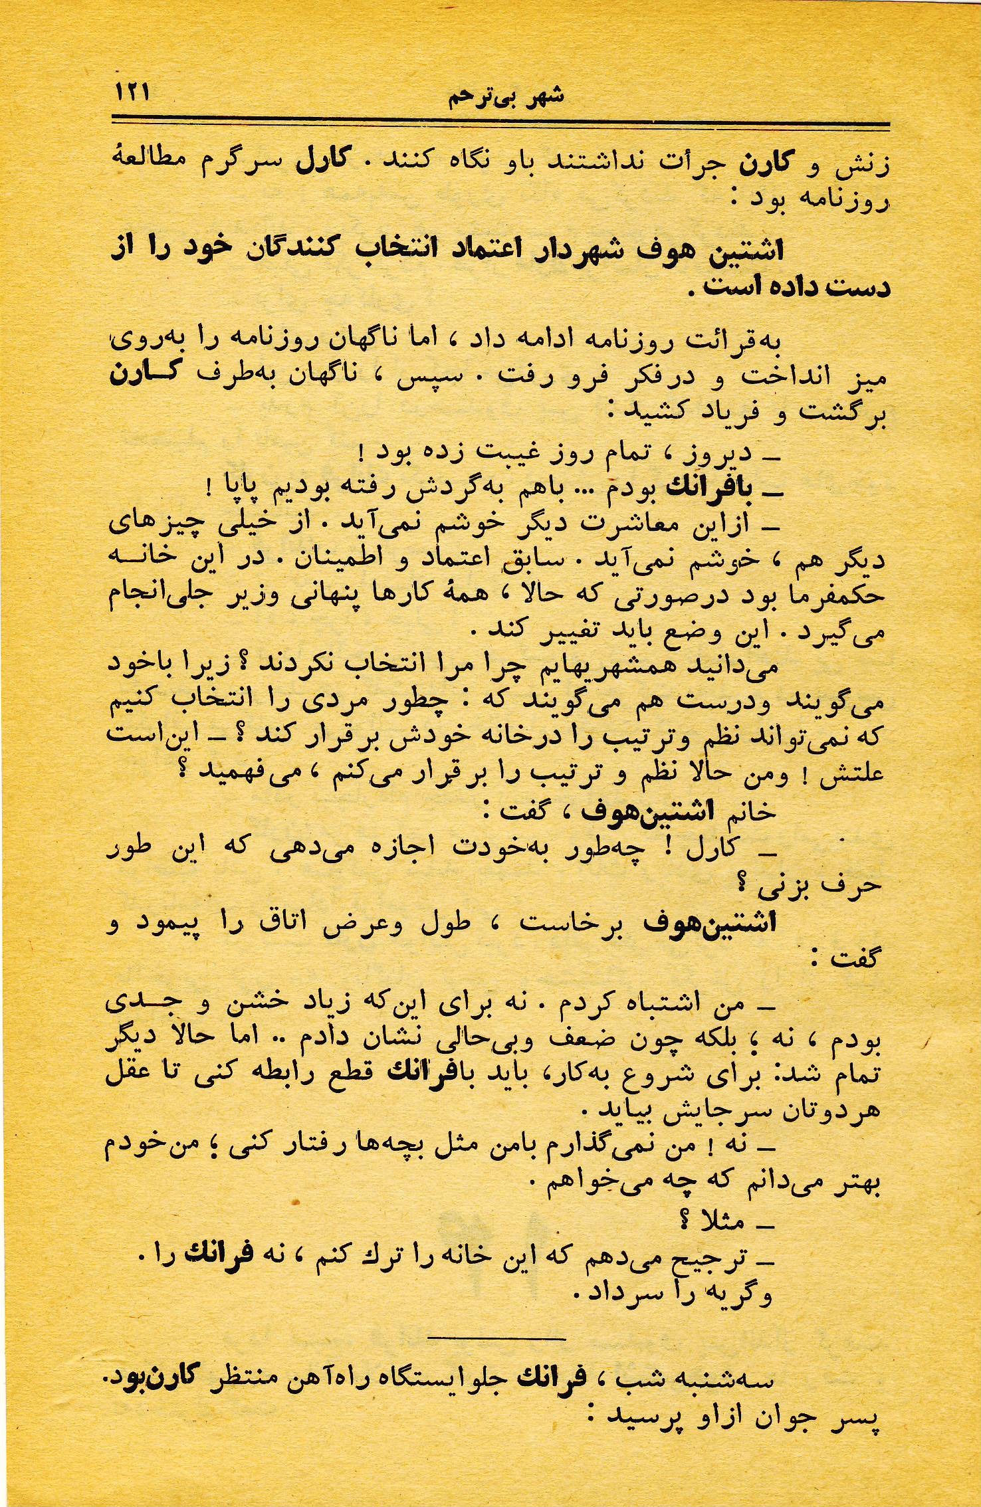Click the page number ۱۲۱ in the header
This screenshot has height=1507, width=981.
(133, 91)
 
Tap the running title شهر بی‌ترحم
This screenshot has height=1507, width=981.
(506, 97)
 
